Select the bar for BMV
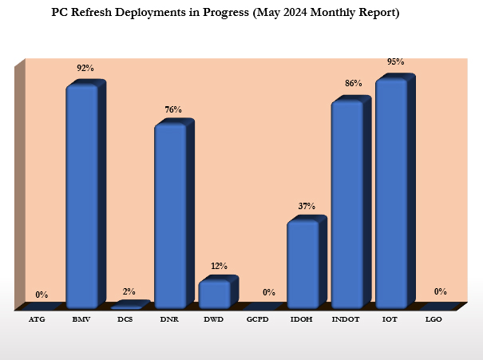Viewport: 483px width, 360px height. (x=81, y=196)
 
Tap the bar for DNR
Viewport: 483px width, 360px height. (x=169, y=216)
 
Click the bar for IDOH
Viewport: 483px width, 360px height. (x=303, y=264)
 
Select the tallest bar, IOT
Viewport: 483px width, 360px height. (x=391, y=192)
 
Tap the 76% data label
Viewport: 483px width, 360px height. (x=173, y=109)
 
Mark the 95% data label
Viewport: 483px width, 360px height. (x=395, y=61)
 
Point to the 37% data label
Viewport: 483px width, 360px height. (x=307, y=206)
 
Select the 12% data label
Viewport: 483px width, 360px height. (x=219, y=266)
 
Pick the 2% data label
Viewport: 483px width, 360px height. (x=129, y=292)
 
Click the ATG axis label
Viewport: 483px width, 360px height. (x=37, y=319)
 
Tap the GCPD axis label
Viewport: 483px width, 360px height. (x=258, y=319)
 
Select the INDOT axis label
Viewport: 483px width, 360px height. (x=346, y=319)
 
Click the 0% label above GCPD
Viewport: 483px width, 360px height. (x=269, y=292)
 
